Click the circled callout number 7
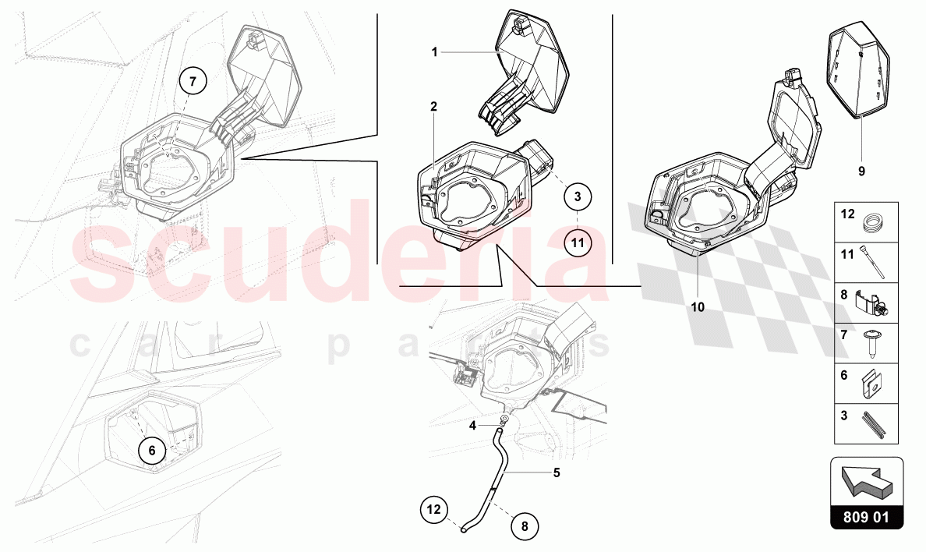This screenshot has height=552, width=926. click(194, 80)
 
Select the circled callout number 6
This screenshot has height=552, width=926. click(152, 451)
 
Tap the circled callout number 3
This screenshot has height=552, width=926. click(578, 196)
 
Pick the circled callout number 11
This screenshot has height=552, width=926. click(578, 242)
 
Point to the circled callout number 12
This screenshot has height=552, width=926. click(434, 509)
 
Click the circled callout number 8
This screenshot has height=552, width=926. click(525, 525)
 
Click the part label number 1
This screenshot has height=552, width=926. click(435, 52)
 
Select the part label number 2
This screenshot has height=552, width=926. click(434, 106)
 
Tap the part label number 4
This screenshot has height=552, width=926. click(472, 425)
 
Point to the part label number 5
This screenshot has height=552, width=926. click(557, 472)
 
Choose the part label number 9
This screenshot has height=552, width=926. click(861, 172)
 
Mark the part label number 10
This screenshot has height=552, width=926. click(698, 307)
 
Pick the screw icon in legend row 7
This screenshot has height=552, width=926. click(871, 343)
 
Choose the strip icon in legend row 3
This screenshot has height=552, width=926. click(874, 425)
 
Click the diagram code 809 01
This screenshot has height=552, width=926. click(866, 517)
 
